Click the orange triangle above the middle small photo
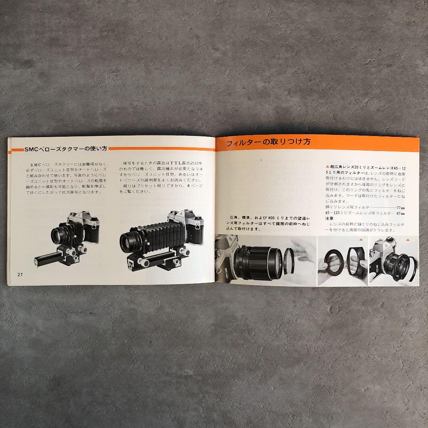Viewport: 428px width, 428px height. click(x=361, y=240)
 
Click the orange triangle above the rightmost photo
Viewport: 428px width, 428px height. click(x=408, y=240)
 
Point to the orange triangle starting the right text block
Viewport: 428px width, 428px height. click(x=327, y=167)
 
